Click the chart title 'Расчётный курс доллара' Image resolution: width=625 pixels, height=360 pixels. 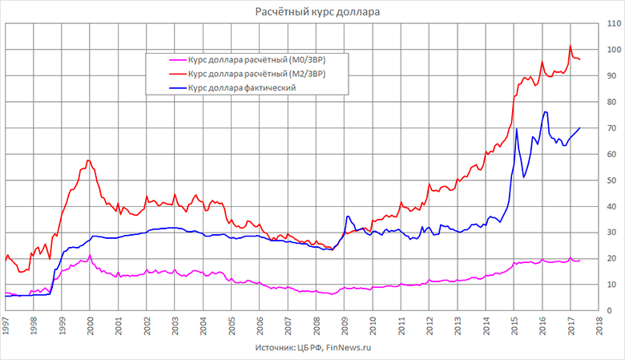312,11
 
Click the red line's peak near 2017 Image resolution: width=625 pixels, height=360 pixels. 570,47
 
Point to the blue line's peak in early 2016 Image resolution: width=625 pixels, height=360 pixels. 545,111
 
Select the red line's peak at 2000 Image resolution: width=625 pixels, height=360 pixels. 88,160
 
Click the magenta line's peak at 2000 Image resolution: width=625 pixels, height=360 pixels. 90,255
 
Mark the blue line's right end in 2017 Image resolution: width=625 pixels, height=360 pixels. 579,128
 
